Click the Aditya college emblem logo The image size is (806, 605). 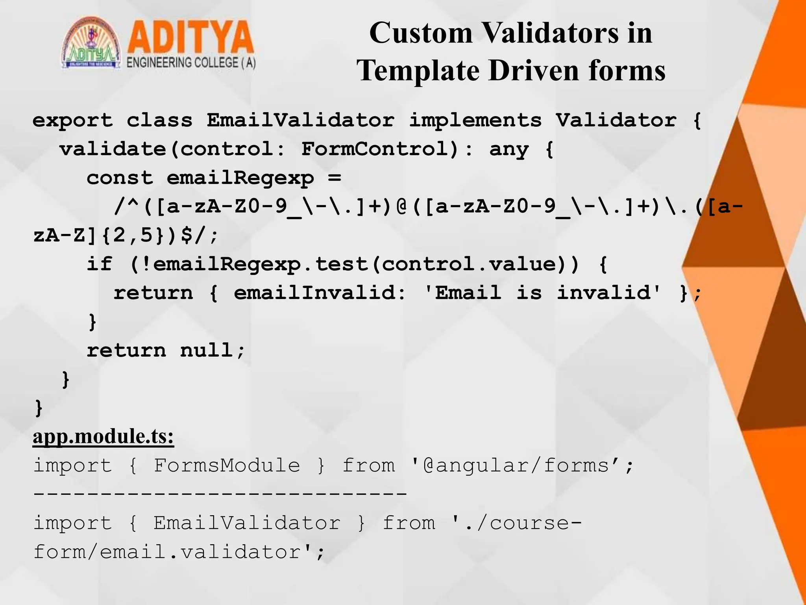click(91, 43)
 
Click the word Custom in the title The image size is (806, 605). click(421, 33)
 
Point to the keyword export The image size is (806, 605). click(73, 120)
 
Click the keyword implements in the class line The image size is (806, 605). click(475, 120)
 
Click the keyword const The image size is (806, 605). click(120, 178)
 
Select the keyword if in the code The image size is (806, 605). click(100, 264)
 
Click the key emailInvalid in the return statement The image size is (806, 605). click(319, 293)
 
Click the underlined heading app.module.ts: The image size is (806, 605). click(103, 436)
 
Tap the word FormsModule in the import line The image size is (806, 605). click(227, 466)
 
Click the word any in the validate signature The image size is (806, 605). click(509, 149)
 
